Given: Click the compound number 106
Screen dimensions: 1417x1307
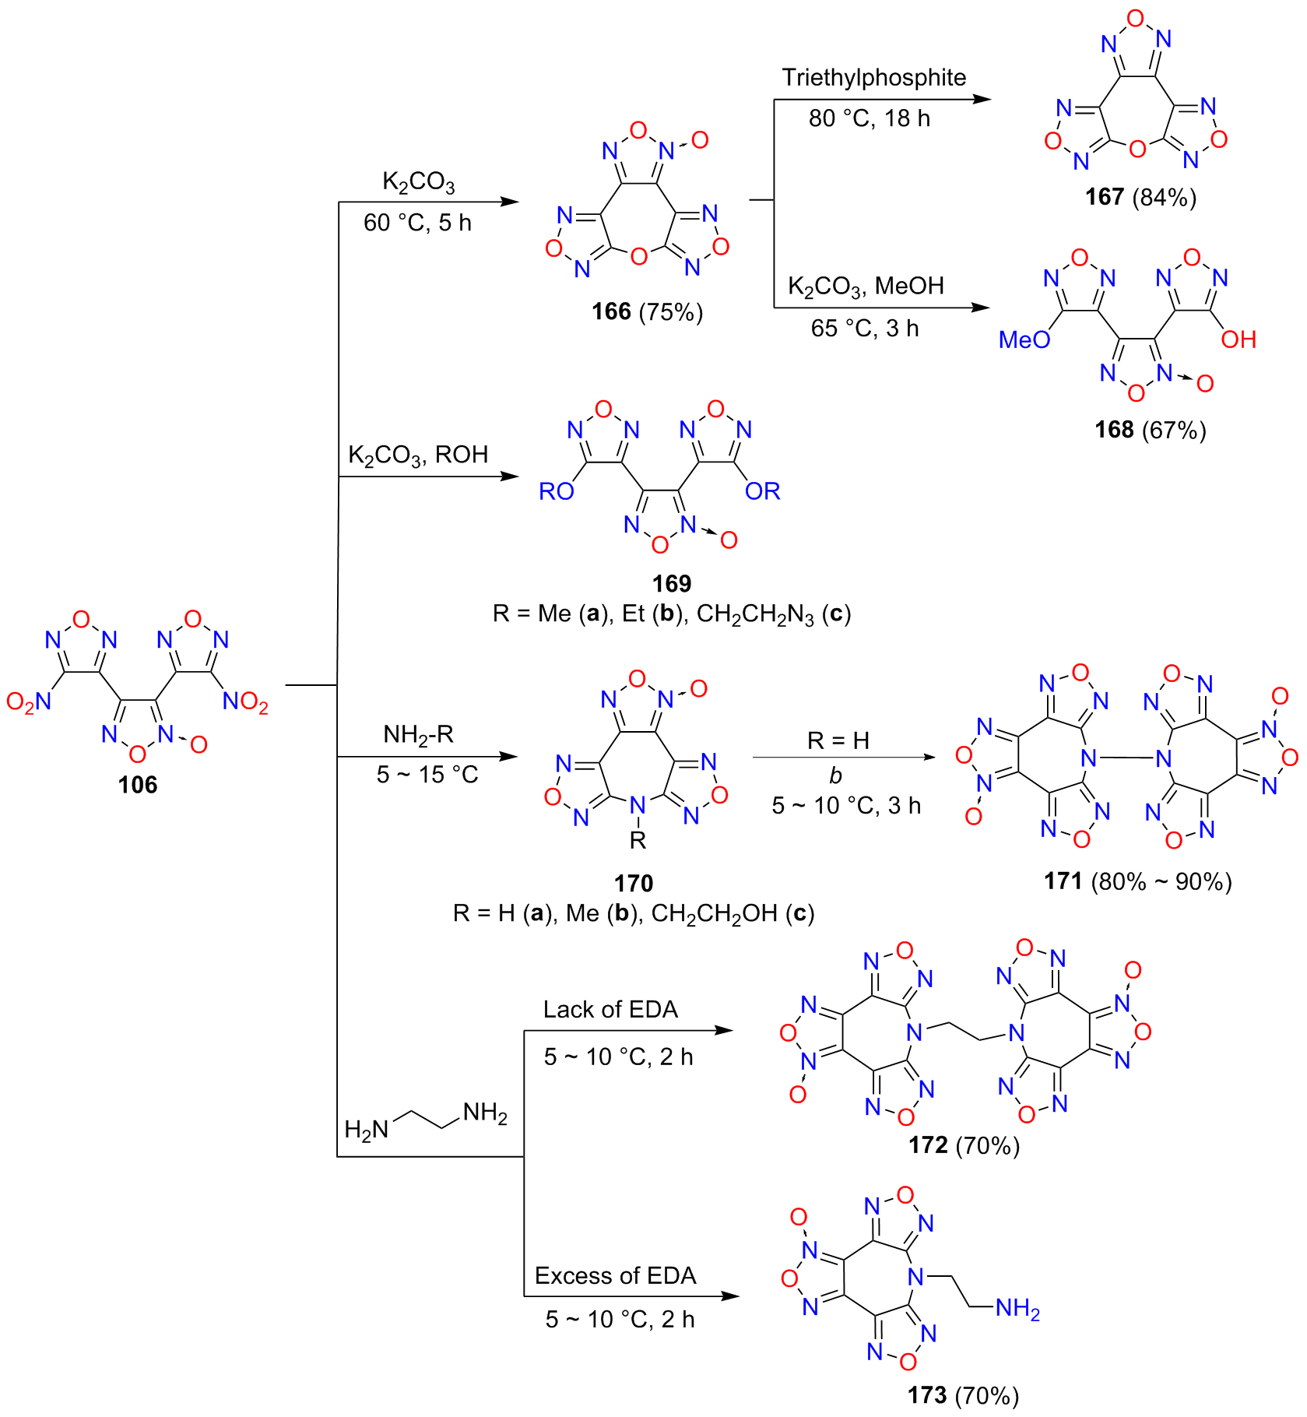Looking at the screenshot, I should pos(138,784).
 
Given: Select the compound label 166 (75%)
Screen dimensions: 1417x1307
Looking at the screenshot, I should pos(647,311).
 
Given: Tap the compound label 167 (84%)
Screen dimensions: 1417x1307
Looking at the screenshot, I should pos(1140,197).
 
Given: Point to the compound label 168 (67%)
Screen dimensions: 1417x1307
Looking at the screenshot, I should pos(1150,430).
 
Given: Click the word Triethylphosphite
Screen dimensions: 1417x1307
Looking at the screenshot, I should pos(873,78).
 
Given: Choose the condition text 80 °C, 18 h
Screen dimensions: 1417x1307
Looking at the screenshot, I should pos(869,118).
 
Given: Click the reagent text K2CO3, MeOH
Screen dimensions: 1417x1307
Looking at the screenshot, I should pos(866,287).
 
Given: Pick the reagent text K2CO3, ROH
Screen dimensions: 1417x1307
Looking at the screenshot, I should pos(418,455).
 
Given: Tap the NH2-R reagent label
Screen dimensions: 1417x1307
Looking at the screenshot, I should pos(418,734).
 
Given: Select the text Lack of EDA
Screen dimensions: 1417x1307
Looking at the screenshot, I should pos(610,1009).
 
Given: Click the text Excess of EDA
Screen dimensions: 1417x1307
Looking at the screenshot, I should pos(615,1275).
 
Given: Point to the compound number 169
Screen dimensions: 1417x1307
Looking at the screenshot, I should pos(671,583).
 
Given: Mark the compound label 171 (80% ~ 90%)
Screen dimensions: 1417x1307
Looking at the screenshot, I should pos(1137,881).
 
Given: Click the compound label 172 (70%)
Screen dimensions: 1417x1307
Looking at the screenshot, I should pos(964,1145).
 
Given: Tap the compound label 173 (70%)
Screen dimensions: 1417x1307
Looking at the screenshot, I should pos(963,1395).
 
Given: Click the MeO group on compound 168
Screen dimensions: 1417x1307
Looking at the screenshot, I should pos(1024,339).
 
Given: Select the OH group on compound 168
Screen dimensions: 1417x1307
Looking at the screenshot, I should pos(1238,339).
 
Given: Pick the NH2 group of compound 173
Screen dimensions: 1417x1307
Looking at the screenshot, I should pos(1017,1309).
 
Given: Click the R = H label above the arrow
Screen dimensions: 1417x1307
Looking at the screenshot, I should pos(838,740).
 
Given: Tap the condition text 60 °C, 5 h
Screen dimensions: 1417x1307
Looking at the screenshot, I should pos(417,223).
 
